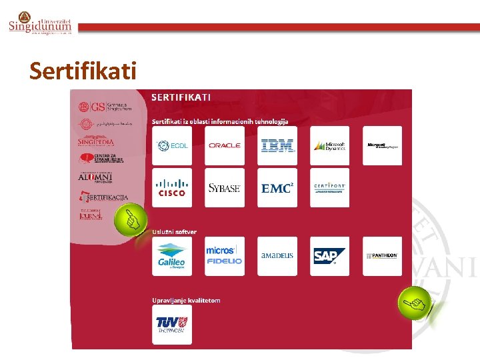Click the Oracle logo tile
225,145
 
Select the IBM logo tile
277,145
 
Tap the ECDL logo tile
172,145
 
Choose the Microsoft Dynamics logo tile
329,145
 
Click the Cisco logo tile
172,187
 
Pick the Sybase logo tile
225,187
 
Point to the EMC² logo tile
277,187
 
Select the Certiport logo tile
329,187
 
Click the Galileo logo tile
172,256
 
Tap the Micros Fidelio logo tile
225,256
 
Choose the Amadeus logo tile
277,256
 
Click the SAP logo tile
329,256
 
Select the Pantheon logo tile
382,256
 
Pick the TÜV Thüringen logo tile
172,325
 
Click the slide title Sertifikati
83,70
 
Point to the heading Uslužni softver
175,231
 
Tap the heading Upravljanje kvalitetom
186,300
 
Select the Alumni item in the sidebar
95,177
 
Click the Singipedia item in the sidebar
96,142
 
